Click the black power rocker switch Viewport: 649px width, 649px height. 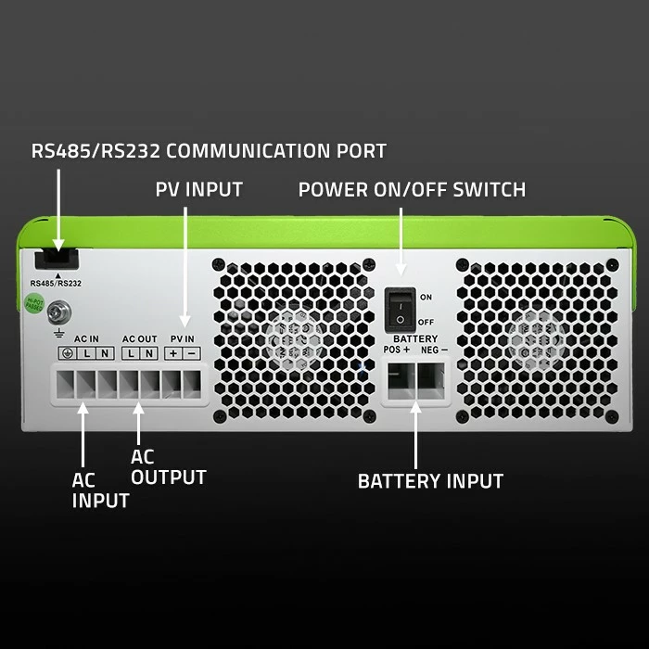pos(400,308)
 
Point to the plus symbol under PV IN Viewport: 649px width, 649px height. pos(173,354)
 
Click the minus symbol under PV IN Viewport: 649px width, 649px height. pos(191,354)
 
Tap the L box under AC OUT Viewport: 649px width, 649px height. pos(131,354)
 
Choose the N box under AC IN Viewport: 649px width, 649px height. pos(105,354)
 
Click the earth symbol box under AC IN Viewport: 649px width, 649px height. pos(68,354)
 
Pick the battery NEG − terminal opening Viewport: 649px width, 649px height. pos(432,380)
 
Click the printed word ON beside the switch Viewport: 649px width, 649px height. pos(426,298)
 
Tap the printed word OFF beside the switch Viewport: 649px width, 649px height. pos(426,322)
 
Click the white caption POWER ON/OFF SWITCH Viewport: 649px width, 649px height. pos(412,190)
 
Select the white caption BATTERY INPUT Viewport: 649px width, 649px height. pos(430,481)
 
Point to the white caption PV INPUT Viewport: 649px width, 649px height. pos(198,190)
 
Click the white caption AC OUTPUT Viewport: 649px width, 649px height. pos(168,467)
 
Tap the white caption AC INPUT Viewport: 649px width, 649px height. pos(100,490)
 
